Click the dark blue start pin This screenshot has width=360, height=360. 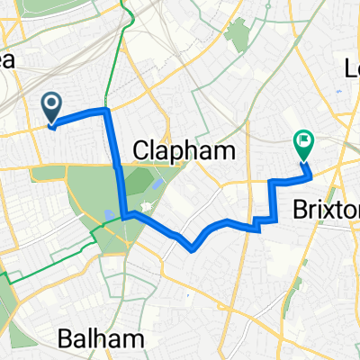pos(51,110)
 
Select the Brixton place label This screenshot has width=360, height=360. pos(326,209)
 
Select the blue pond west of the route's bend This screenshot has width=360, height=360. pos(107,214)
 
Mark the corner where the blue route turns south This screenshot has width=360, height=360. pos(107,110)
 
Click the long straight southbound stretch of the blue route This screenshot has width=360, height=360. pos(117,162)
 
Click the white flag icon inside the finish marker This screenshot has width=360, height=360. pos(303,139)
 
